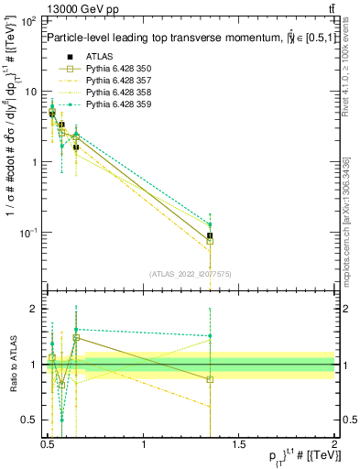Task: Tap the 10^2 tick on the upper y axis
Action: pyautogui.click(x=29, y=20)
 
